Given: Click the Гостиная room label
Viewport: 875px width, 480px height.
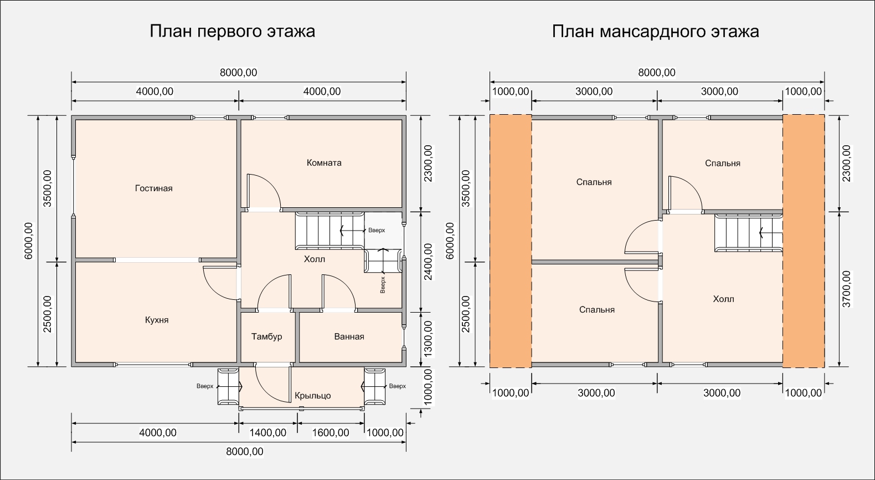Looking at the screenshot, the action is point(153,188).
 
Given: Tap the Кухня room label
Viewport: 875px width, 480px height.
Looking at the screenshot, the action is point(157,320).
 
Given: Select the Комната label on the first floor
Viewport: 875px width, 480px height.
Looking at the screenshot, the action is point(324,162).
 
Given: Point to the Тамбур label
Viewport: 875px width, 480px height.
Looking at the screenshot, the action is point(266,336).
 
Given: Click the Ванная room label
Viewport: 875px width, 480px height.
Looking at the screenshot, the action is point(349,336).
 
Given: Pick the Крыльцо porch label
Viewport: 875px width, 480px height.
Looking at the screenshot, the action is point(312,396).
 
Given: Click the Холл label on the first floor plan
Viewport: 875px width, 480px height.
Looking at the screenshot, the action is point(314,259).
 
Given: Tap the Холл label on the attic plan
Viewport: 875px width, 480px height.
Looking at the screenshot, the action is point(723,299).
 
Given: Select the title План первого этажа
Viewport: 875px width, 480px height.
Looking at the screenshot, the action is point(232,31).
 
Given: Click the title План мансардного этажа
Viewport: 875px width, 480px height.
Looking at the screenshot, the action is point(655,31).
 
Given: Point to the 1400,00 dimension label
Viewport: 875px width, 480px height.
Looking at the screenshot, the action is point(268,433).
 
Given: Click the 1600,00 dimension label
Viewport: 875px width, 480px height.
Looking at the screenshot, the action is point(331,433).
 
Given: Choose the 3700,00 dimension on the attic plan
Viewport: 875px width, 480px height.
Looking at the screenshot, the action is point(846,289).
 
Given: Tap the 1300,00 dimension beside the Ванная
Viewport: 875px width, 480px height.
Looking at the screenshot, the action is point(428,339).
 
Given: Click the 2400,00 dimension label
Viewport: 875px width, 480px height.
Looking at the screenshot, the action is point(428,262).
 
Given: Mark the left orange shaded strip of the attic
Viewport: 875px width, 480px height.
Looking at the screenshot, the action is point(511,241).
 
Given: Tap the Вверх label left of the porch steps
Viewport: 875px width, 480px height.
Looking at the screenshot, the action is point(205,386).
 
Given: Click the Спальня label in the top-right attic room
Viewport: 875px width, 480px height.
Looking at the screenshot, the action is point(722,163).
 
